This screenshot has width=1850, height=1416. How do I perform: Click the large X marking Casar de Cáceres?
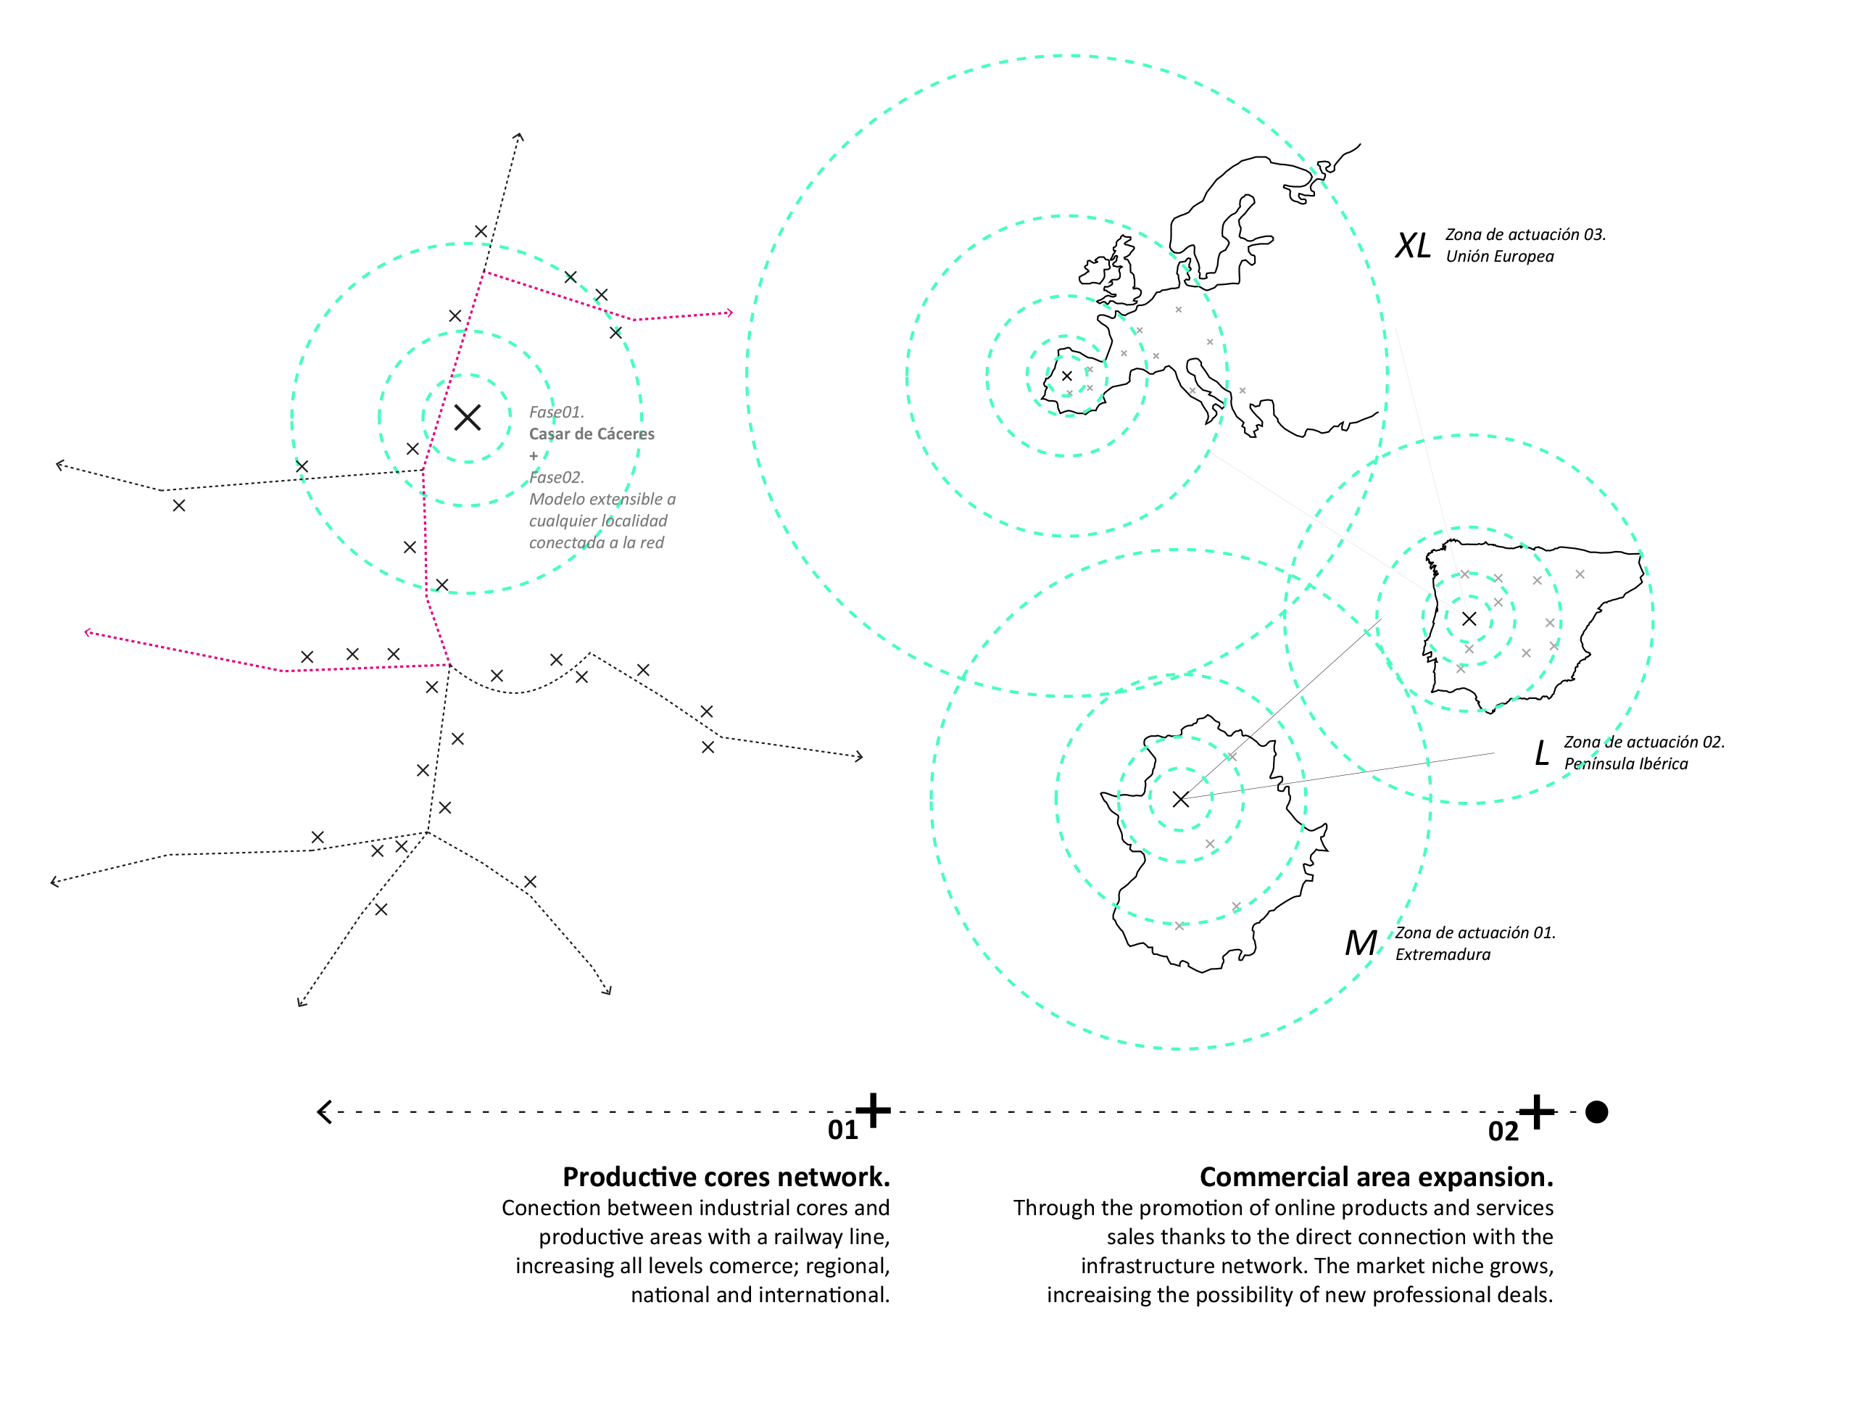pyautogui.click(x=467, y=417)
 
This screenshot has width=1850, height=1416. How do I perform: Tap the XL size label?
pyautogui.click(x=1413, y=246)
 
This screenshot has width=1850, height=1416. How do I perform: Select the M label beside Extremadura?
pyautogui.click(x=1361, y=943)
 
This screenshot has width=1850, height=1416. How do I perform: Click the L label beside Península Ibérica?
pyautogui.click(x=1541, y=753)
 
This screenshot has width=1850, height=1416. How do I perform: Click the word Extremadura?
pyautogui.click(x=1442, y=954)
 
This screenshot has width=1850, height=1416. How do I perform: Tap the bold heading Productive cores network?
pyautogui.click(x=726, y=1177)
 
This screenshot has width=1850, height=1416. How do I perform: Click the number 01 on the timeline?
pyautogui.click(x=842, y=1130)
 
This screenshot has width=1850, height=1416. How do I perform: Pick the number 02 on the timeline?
pyautogui.click(x=1503, y=1132)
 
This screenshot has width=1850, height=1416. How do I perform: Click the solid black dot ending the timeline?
pyautogui.click(x=1596, y=1111)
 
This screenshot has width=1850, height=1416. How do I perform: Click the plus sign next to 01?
pyautogui.click(x=873, y=1110)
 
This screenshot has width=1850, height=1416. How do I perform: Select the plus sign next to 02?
pyautogui.click(x=1536, y=1111)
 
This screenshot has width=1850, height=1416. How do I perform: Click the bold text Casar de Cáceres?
pyautogui.click(x=592, y=434)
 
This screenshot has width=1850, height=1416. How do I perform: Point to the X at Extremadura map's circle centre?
pyautogui.click(x=1181, y=799)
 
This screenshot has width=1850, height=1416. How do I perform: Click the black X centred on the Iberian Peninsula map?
pyautogui.click(x=1469, y=618)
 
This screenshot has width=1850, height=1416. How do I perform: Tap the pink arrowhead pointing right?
pyautogui.click(x=729, y=312)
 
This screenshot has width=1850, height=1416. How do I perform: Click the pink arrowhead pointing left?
pyautogui.click(x=88, y=632)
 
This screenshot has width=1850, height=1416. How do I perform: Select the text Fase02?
pyautogui.click(x=556, y=477)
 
